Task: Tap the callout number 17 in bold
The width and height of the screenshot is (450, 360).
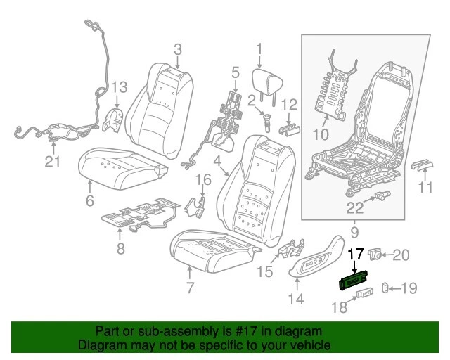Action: [x=356, y=254]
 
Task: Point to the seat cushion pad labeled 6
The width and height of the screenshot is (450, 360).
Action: [x=120, y=165]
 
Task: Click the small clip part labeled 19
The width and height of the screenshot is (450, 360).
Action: [x=385, y=286]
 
